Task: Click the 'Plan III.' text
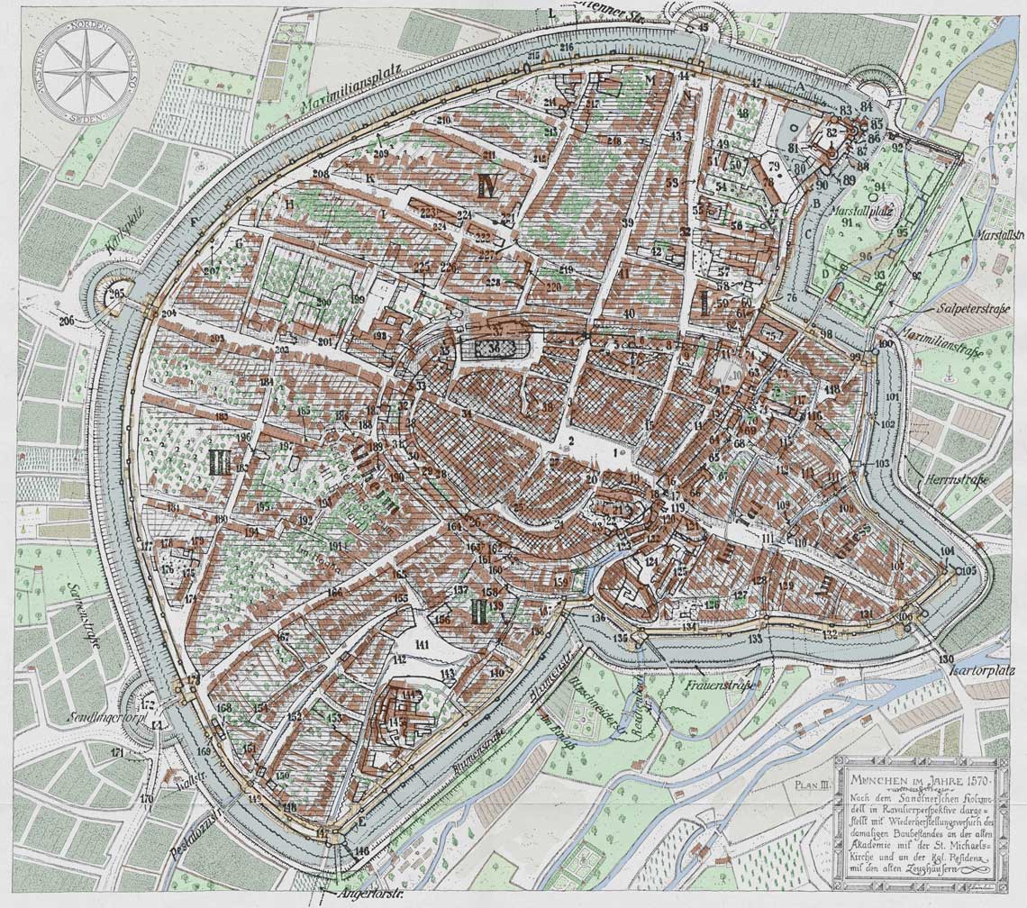(812, 785)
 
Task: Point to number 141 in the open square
(423, 643)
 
